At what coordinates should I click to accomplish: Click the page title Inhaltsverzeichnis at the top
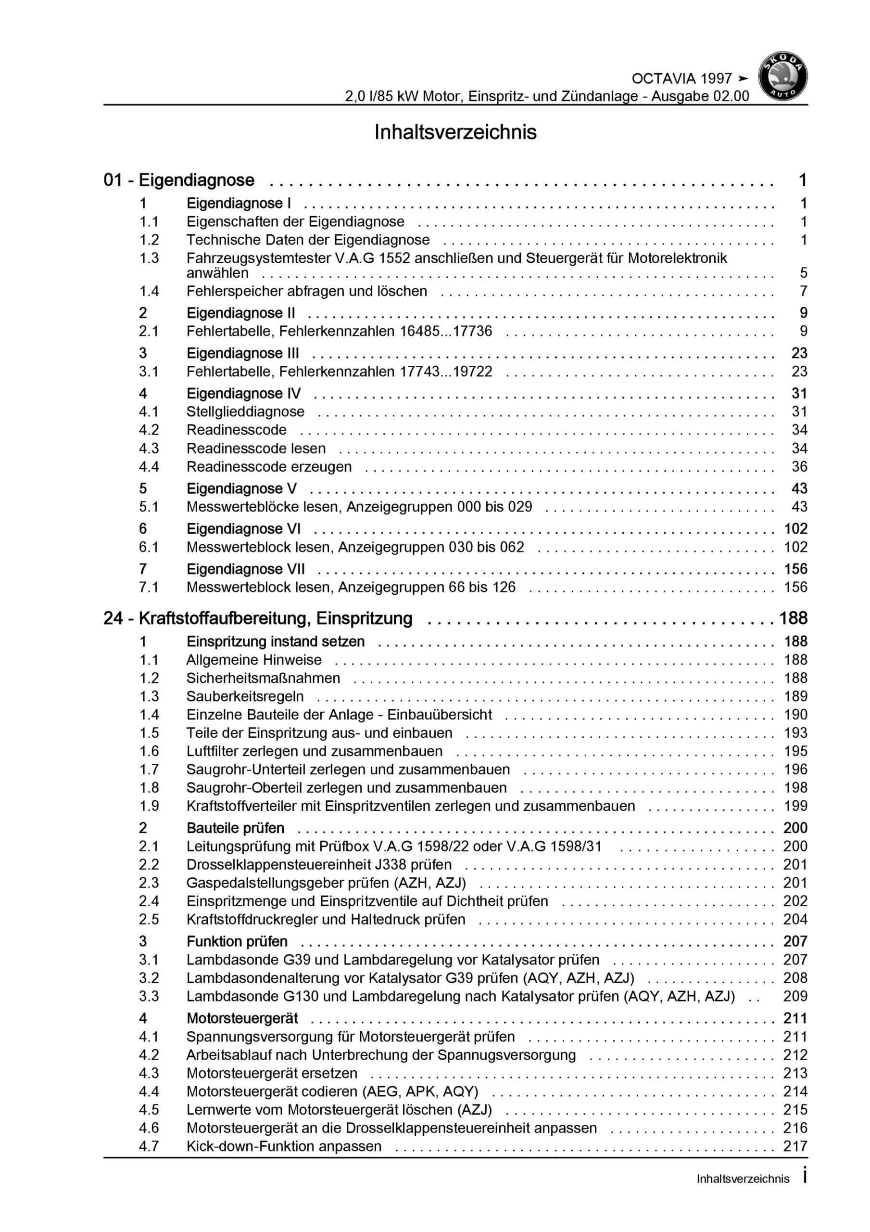(455, 132)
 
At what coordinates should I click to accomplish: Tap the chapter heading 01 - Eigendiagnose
(178, 180)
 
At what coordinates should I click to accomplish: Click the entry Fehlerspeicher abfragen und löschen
(306, 291)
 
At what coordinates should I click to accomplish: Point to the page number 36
(799, 467)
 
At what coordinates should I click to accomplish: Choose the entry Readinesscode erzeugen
(269, 467)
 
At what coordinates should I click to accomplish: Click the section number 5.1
(149, 507)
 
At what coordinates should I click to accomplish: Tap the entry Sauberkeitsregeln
(245, 696)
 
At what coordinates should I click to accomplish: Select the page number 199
(795, 806)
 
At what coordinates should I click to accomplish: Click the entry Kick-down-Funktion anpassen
(284, 1146)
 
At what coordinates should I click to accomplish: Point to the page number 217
(795, 1146)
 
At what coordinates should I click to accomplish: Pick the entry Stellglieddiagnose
(245, 411)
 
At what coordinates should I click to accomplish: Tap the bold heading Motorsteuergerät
(242, 1018)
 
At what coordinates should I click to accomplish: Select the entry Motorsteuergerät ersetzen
(271, 1073)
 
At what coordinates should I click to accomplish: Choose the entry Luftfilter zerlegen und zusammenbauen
(315, 751)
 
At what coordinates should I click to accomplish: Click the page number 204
(795, 919)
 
